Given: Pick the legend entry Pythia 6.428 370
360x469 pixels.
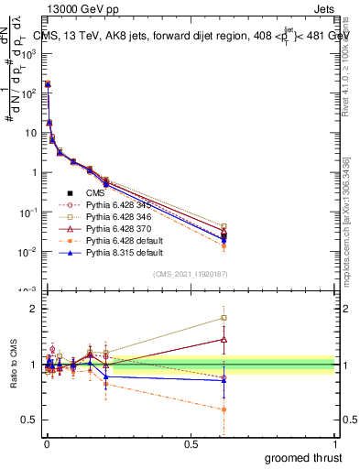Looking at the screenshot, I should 108,234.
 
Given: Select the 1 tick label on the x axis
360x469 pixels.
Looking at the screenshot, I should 334,444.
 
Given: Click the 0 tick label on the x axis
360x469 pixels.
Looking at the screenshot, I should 45,444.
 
